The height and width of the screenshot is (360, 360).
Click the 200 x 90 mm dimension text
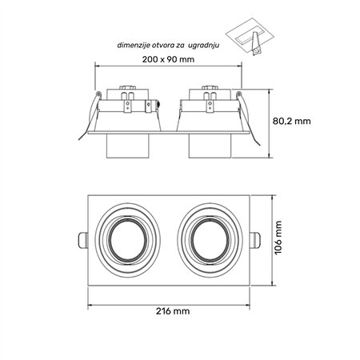click(168, 59)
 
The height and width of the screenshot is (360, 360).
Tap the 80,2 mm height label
click(292, 121)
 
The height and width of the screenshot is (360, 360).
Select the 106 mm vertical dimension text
click(278, 238)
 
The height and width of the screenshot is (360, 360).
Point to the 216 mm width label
click(173, 311)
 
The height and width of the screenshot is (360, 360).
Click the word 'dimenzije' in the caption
click(134, 46)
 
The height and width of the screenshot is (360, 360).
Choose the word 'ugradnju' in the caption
click(204, 46)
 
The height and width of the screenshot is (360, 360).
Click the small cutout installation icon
click(250, 37)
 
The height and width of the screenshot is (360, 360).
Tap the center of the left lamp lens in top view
click(128, 239)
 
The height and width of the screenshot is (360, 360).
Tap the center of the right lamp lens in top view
click(210, 239)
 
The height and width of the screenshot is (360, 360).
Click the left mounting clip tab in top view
click(82, 240)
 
